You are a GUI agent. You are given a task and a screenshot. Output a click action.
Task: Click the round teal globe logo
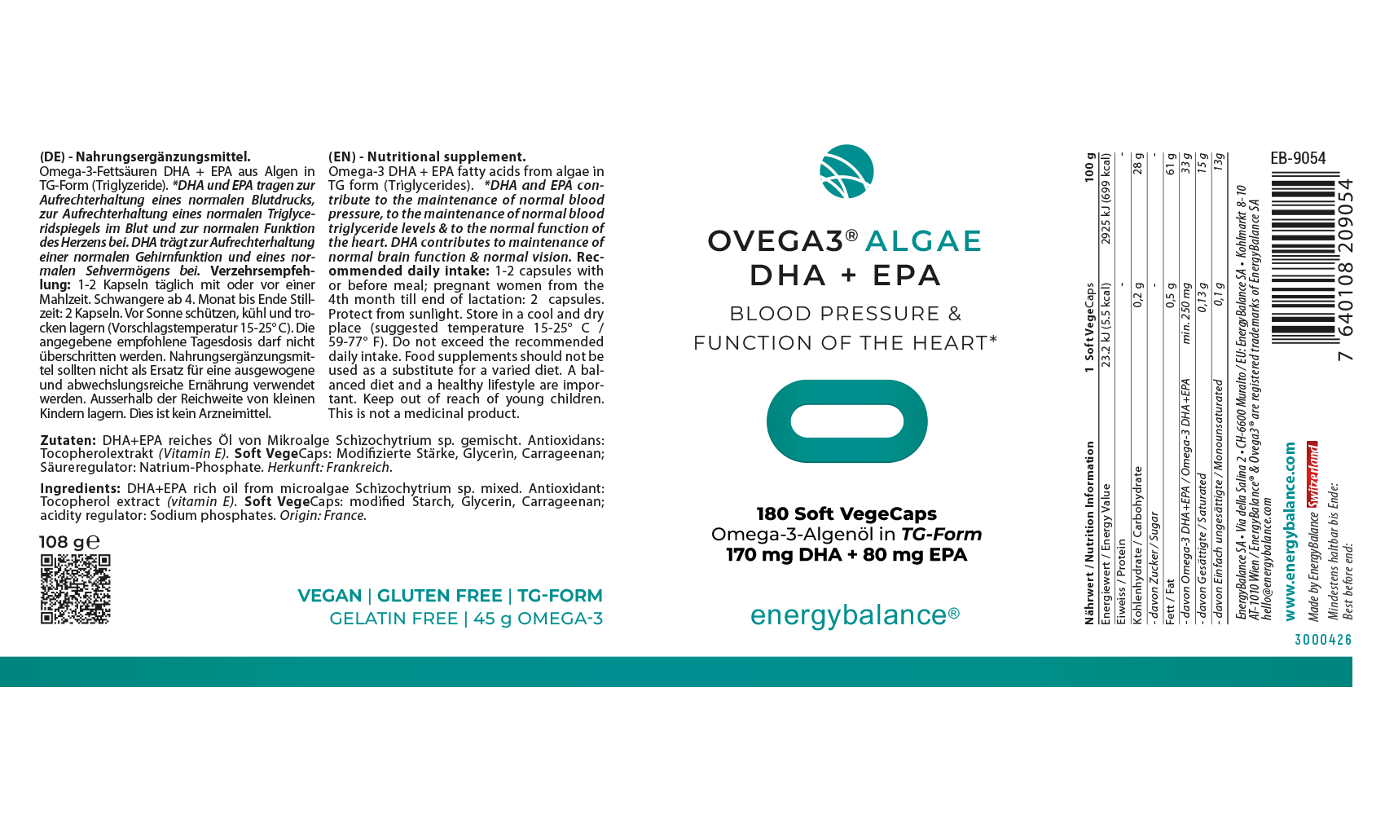(x=846, y=171)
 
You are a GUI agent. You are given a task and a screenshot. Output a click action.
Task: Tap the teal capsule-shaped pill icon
(x=846, y=421)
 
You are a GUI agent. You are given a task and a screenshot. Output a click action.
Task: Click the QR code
(x=75, y=589)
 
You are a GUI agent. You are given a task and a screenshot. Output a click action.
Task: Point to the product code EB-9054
(x=1298, y=158)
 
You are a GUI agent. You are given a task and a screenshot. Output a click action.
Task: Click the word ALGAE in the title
(x=923, y=241)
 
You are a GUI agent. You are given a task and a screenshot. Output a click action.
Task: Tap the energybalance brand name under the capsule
(x=854, y=615)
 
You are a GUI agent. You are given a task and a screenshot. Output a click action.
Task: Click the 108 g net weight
(x=68, y=542)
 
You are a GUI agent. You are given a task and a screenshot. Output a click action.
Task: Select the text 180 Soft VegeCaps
(x=846, y=513)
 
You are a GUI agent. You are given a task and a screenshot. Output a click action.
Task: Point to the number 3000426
(x=1323, y=640)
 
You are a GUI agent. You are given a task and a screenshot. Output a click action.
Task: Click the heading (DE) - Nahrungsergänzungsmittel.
(x=145, y=156)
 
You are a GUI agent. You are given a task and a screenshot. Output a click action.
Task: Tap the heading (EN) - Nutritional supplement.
(x=427, y=156)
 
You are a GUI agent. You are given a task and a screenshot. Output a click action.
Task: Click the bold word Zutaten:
(x=68, y=440)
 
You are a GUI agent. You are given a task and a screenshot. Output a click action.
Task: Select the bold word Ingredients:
(x=81, y=489)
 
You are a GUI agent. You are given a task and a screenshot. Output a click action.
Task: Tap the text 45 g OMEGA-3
(x=538, y=619)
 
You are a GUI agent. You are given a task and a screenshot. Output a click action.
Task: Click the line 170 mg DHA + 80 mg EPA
(x=846, y=555)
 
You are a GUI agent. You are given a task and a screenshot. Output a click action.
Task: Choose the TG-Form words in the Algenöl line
(x=941, y=535)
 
